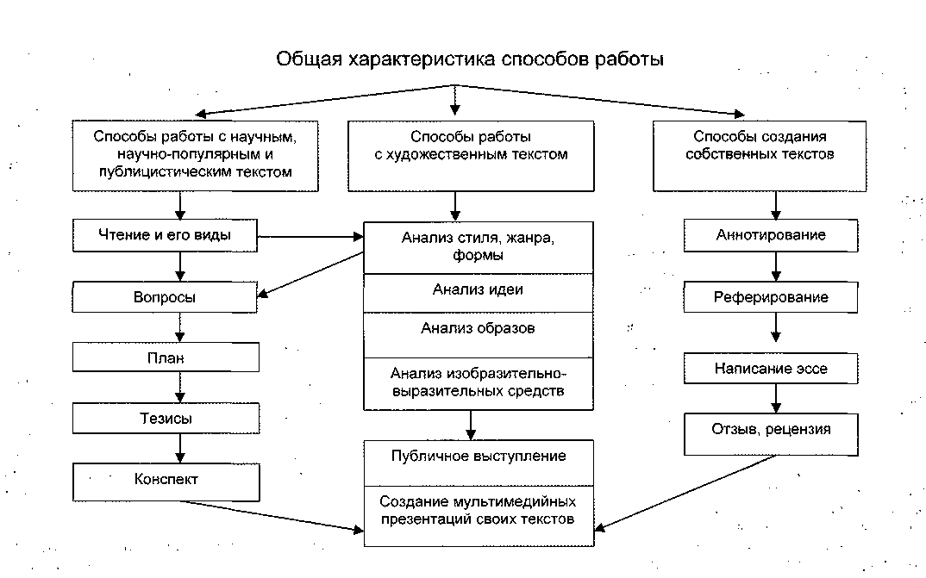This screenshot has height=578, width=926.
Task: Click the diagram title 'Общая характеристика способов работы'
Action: point(470,60)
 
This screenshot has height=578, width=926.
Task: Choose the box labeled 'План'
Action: point(166,357)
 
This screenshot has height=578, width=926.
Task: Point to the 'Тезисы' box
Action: point(166,419)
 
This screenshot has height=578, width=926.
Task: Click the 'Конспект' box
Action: point(166,481)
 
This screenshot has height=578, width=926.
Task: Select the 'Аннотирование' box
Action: point(771,235)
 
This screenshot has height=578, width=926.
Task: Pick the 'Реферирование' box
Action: point(771,297)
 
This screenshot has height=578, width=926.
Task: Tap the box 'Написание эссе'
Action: point(771,369)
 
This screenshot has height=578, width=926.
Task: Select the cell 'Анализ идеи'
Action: point(478,291)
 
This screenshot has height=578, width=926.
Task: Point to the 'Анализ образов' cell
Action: point(478,330)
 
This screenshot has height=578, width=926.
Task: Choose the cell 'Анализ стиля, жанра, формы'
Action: point(478,247)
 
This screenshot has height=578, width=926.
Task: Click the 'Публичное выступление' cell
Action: point(478,457)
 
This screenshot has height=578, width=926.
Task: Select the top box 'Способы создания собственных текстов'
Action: point(771,155)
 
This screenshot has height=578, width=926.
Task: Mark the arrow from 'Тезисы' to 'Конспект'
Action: point(180,448)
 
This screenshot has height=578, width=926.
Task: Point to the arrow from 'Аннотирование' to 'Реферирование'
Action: point(776,266)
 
